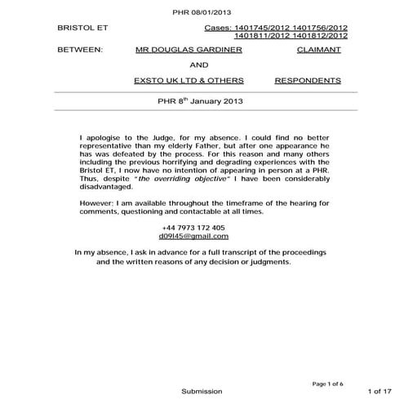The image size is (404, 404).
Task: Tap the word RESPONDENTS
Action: tap(308, 82)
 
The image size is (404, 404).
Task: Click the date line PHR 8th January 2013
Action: tap(199, 103)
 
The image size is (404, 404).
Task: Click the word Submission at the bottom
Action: tap(201, 392)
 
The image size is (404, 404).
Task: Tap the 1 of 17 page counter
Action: tap(382, 392)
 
